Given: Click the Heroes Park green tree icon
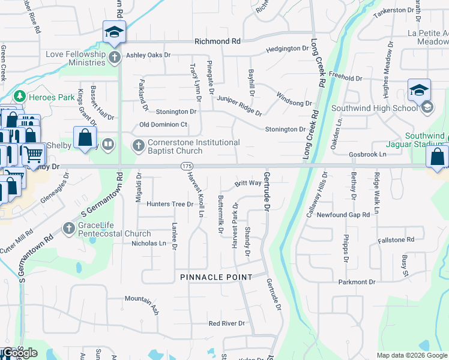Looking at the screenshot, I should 19,96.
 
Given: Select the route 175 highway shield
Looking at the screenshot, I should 185,166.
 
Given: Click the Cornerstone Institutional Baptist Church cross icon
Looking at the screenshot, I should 138,145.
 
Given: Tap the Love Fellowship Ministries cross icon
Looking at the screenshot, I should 115,58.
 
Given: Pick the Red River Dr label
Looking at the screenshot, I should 227,323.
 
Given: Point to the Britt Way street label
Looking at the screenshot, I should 247,183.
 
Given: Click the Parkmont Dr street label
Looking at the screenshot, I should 357,281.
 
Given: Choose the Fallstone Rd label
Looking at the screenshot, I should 396,240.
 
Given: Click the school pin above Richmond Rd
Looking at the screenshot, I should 113,32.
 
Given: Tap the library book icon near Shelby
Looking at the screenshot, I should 108,144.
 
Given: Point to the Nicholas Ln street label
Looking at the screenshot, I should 148,244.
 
